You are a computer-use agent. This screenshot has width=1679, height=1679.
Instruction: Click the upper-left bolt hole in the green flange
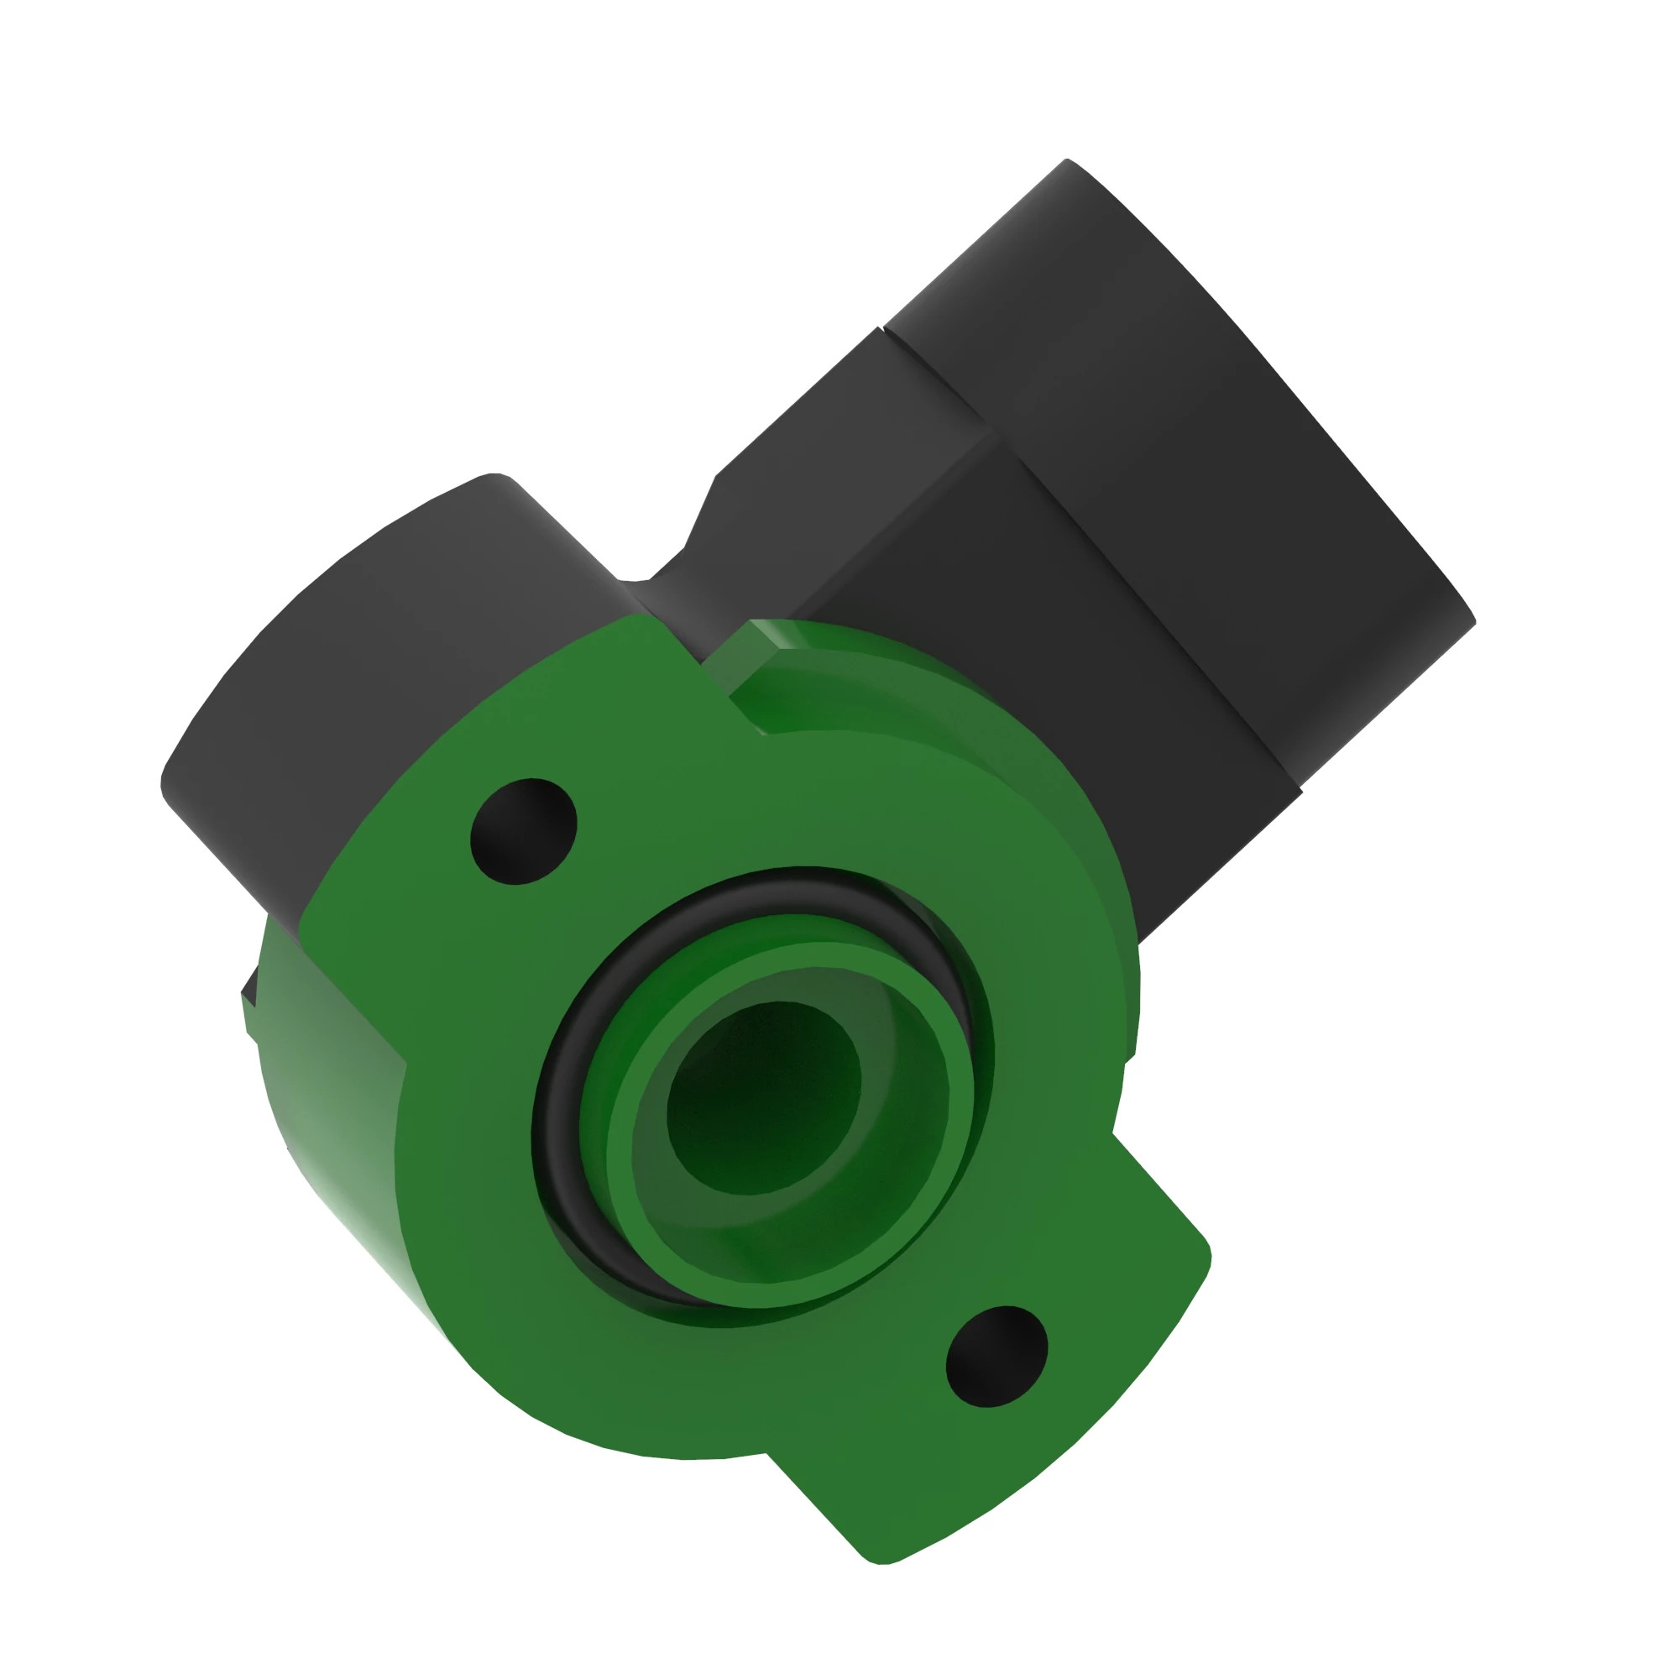pos(522,832)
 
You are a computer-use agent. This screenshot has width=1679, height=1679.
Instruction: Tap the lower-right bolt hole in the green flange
pos(996,1355)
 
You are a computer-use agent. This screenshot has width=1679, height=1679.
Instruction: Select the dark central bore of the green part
pos(763,1096)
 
